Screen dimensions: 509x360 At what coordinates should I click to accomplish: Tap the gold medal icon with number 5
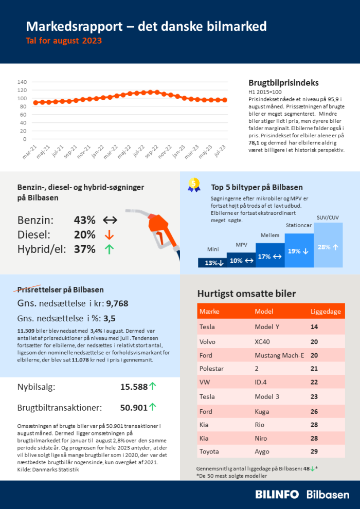[x=194, y=185]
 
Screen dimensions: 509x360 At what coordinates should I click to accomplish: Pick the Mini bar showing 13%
[x=212, y=263]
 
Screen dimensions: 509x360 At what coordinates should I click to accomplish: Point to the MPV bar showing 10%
[x=241, y=260]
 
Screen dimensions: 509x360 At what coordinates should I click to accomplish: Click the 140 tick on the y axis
[x=22, y=82]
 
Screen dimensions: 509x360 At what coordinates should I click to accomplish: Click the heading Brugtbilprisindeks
[x=283, y=83]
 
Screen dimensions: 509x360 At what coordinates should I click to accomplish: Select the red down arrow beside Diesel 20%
[x=109, y=235]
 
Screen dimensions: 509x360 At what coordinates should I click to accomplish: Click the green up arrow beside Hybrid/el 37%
[x=109, y=249]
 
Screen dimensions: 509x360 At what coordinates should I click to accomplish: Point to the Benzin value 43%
[x=84, y=220]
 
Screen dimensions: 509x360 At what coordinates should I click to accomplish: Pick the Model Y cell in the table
[x=266, y=327]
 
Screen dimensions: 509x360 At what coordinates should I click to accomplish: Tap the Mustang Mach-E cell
[x=279, y=355]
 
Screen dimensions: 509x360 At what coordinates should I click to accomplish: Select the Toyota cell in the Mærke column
[x=209, y=451]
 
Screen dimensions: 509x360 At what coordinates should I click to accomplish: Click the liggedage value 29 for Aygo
[x=314, y=451]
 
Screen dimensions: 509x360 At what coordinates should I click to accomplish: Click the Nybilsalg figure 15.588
[x=133, y=387]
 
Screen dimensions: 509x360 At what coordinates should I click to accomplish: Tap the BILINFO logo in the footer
[x=277, y=495]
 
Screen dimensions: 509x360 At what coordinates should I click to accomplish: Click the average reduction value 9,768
[x=117, y=303]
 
